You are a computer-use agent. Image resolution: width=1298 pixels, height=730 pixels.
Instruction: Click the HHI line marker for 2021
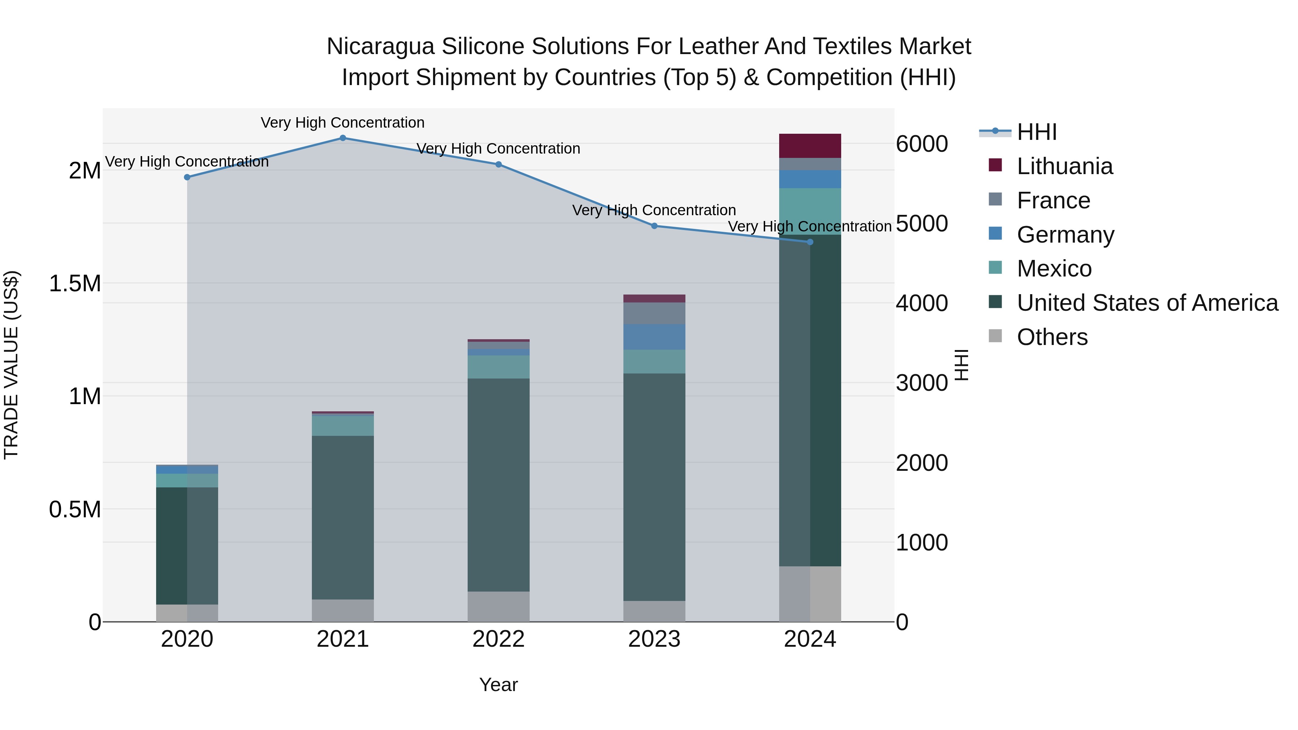pos(343,138)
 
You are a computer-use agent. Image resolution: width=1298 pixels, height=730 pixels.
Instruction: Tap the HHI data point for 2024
pos(810,242)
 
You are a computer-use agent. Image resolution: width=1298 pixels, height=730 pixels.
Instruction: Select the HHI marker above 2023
pos(654,226)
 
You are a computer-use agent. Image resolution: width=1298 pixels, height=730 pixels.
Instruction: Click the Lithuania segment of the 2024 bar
pos(810,146)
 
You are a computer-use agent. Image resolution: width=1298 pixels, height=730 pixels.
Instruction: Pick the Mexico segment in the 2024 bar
pos(810,212)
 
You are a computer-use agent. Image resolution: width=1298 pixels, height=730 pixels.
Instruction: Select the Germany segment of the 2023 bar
pos(654,337)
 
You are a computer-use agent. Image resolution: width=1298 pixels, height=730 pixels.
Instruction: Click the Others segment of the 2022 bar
pos(498,607)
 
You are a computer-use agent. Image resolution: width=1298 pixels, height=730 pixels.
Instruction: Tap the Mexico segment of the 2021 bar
pos(343,426)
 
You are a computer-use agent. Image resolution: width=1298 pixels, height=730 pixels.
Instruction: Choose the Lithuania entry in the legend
pos(1064,166)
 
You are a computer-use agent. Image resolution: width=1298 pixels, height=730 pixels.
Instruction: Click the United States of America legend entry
pos(1147,303)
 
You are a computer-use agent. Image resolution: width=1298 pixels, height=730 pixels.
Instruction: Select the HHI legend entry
pos(1037,132)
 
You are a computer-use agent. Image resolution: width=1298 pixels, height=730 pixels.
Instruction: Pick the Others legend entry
pos(1052,337)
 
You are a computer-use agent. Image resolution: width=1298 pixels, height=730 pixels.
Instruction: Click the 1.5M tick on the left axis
pos(75,284)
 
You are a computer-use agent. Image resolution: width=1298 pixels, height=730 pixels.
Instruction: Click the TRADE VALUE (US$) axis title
pos(11,365)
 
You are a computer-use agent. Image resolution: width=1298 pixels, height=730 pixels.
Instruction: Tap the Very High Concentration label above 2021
pos(343,123)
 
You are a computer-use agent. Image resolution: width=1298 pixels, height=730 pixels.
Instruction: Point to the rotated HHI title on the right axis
pos(961,365)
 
